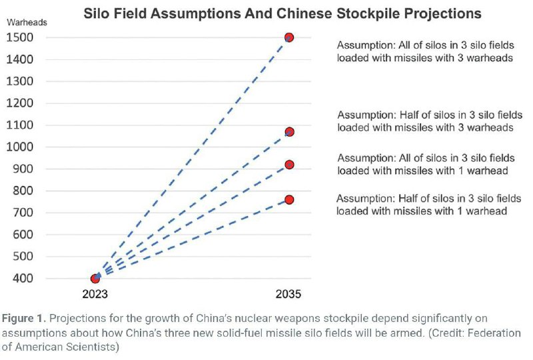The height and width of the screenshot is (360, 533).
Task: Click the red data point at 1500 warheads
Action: pyautogui.click(x=288, y=37)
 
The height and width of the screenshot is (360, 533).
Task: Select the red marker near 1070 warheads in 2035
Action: pyautogui.click(x=288, y=132)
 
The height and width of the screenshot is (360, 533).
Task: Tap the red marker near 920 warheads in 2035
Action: pyautogui.click(x=288, y=165)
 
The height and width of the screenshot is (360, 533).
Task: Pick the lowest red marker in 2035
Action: pyautogui.click(x=288, y=199)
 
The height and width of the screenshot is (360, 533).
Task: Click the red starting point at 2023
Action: pyautogui.click(x=95, y=279)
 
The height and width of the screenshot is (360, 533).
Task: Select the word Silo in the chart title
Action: pyautogui.click(x=97, y=13)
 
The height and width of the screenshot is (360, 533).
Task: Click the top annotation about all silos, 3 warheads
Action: pyautogui.click(x=425, y=51)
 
